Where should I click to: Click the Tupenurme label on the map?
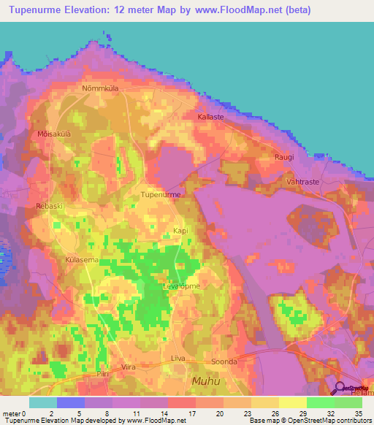coord(160,195)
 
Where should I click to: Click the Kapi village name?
coord(181,231)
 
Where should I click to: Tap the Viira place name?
coord(129,360)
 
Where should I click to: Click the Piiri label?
coord(102,373)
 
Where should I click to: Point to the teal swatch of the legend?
coord(42,402)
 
